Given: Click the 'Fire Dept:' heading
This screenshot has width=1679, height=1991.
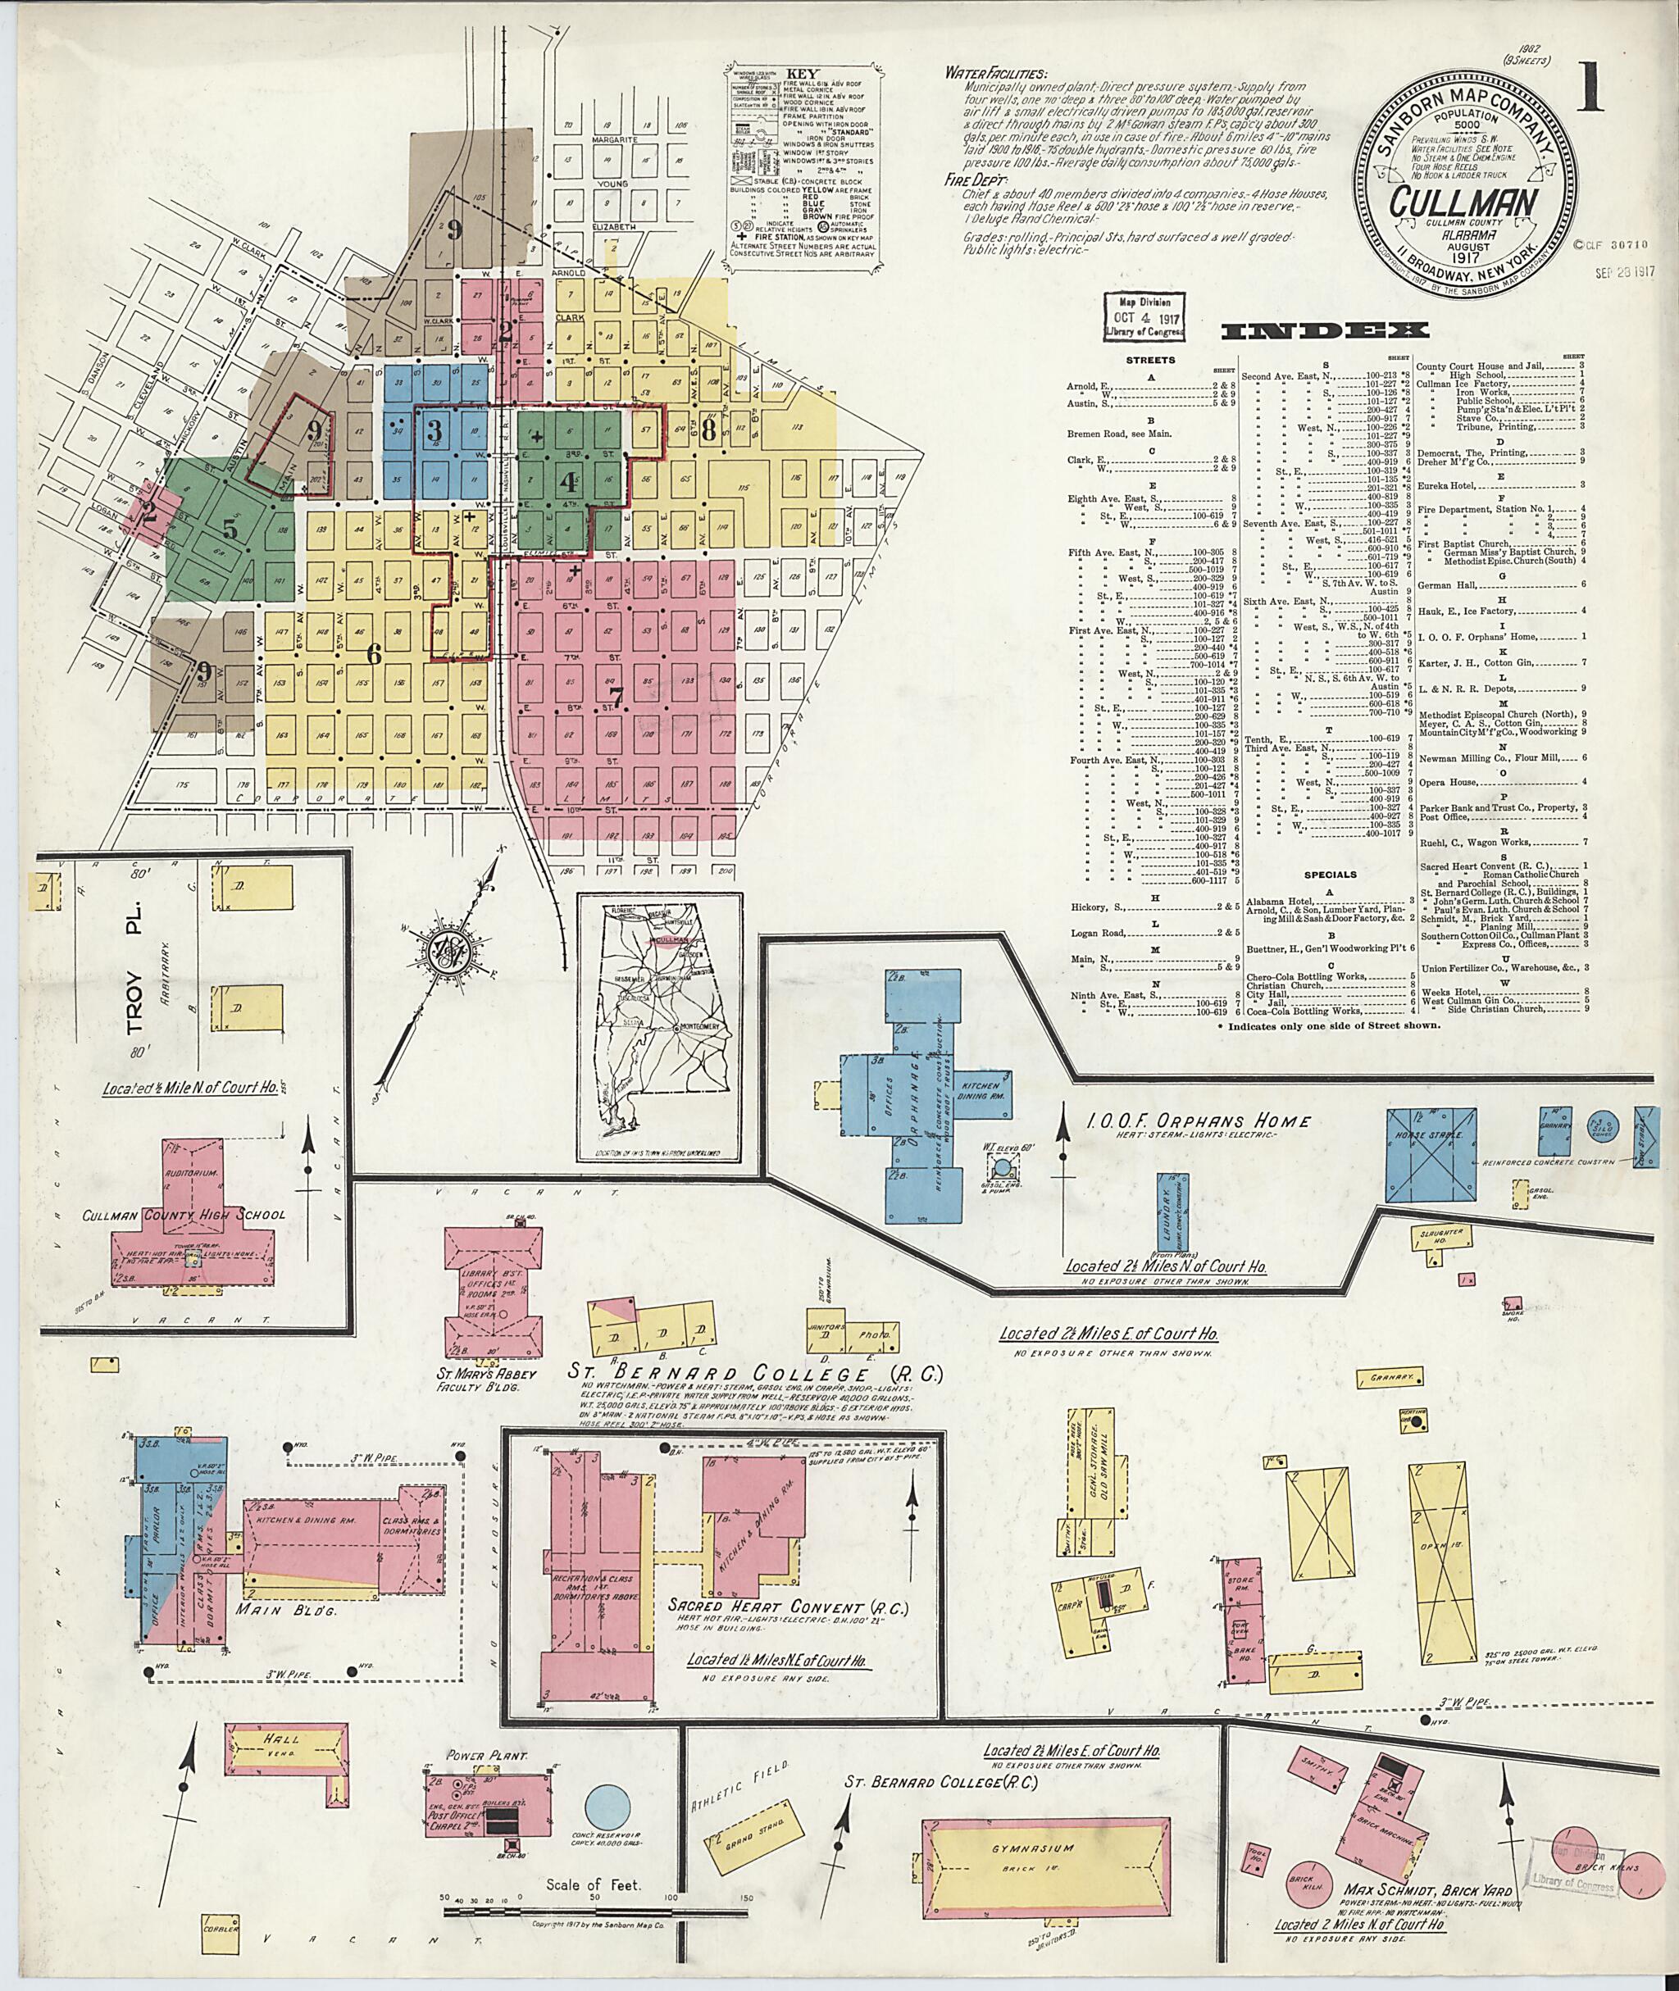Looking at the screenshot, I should pos(970,178).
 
